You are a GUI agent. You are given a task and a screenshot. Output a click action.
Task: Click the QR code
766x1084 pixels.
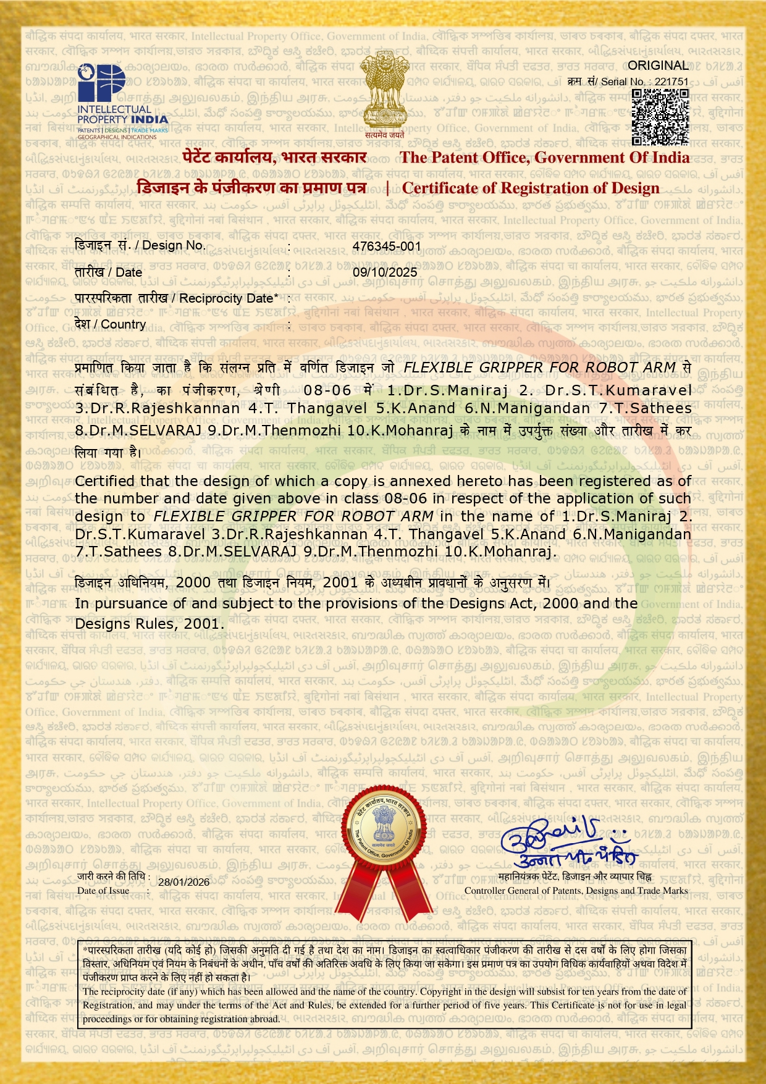coord(660,117)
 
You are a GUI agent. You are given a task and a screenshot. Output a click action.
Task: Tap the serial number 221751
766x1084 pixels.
coord(671,82)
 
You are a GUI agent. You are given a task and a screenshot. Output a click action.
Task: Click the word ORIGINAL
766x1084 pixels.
coord(658,65)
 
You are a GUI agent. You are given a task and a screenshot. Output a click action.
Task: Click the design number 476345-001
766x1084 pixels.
coord(387,246)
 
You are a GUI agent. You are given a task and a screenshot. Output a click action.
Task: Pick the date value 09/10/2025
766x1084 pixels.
coord(385,272)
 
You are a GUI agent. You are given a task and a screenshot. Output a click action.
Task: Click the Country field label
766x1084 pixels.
coord(110,324)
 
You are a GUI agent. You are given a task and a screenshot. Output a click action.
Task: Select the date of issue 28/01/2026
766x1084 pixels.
coord(183,882)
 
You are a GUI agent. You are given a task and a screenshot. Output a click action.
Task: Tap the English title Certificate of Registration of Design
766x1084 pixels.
coord(531,188)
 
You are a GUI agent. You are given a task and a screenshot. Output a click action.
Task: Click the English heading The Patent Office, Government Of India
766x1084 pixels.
coord(544,158)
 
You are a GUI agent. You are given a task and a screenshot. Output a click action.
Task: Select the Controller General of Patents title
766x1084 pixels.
coord(576,891)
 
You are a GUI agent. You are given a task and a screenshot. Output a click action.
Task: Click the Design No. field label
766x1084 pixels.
coord(140,245)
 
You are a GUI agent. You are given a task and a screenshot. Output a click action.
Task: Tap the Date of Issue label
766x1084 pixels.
coord(103,891)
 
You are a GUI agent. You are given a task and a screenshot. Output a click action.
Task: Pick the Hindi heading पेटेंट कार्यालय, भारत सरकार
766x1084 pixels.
coord(275,158)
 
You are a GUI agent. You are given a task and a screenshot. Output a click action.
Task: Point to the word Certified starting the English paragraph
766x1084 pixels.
coord(104,481)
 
